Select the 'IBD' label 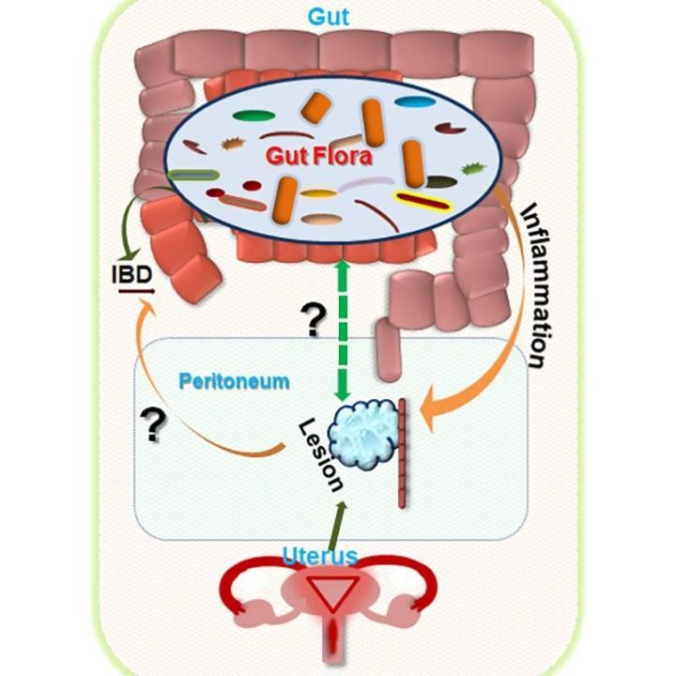point(128,279)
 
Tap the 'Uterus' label point(319,556)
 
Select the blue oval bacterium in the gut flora point(408,100)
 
